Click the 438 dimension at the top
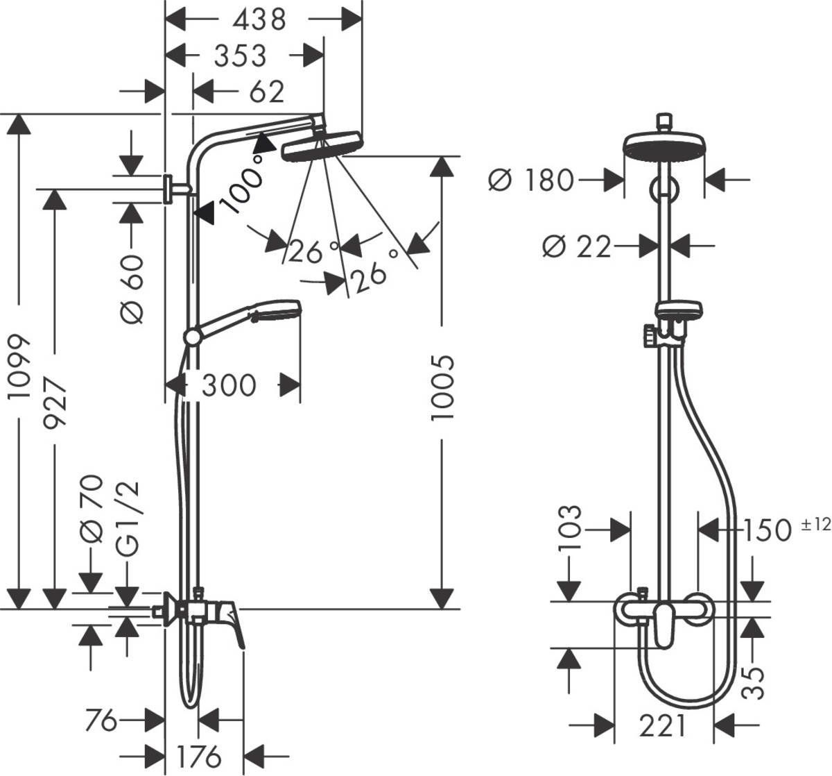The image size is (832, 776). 259,19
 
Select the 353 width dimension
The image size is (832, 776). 239,56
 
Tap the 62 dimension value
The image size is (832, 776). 266,92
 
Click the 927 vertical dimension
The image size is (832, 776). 54,403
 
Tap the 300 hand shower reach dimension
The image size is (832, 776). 229,385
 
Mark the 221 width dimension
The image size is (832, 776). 662,726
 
